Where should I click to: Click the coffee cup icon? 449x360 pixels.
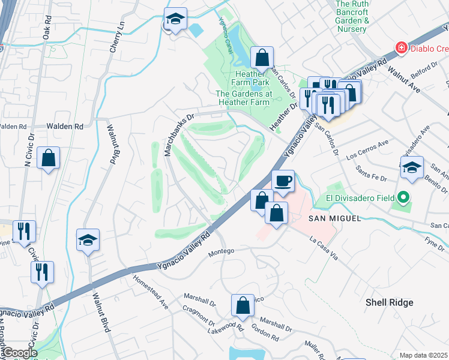(x=283, y=179)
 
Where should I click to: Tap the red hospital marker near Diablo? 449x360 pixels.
(x=399, y=47)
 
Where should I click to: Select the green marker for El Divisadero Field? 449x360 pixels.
(x=404, y=197)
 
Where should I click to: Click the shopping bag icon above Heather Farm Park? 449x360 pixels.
(x=262, y=58)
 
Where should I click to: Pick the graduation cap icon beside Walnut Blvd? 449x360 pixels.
(x=88, y=240)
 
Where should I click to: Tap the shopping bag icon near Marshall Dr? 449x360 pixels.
(x=243, y=304)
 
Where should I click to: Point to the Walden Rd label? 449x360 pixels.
(x=65, y=127)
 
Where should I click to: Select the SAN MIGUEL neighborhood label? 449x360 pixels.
(x=335, y=218)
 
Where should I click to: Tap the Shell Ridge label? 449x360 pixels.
(x=390, y=302)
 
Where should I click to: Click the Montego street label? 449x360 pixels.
(x=220, y=252)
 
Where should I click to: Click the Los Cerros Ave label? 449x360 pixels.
(x=369, y=149)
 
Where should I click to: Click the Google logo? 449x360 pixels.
(x=20, y=353)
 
